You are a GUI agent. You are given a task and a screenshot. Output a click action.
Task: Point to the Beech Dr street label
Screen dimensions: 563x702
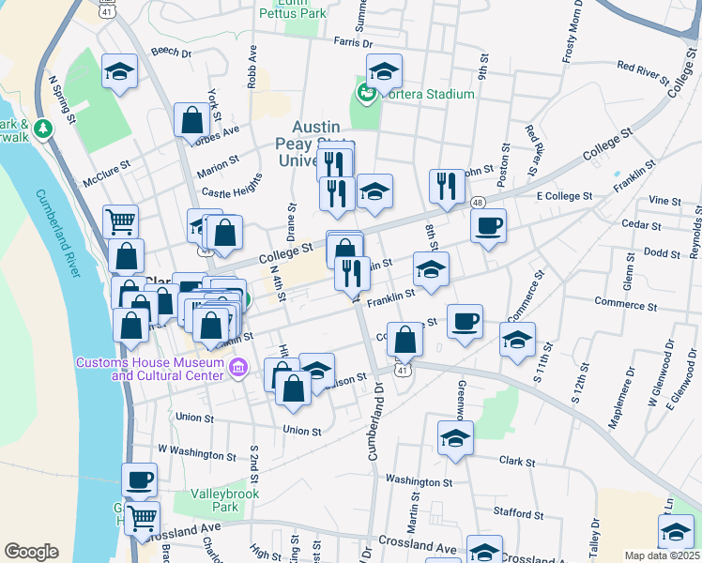pyautogui.click(x=170, y=53)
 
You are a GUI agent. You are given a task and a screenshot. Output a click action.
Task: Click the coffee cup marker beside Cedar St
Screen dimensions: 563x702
pyautogui.click(x=488, y=226)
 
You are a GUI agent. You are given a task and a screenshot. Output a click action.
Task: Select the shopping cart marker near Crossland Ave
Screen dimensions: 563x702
pyautogui.click(x=142, y=517)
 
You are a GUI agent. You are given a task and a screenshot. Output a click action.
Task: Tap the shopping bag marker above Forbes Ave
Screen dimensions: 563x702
pyautogui.click(x=191, y=120)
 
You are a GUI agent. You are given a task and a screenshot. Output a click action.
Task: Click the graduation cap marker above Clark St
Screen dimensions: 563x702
pyautogui.click(x=456, y=437)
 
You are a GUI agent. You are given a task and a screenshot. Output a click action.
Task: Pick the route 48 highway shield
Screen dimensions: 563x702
pyautogui.click(x=479, y=203)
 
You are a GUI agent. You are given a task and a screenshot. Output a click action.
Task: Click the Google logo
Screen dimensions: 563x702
pyautogui.click(x=32, y=551)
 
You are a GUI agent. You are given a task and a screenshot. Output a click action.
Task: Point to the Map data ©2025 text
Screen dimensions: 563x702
pyautogui.click(x=662, y=555)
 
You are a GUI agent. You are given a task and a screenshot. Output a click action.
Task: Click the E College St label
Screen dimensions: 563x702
pyautogui.click(x=564, y=197)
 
